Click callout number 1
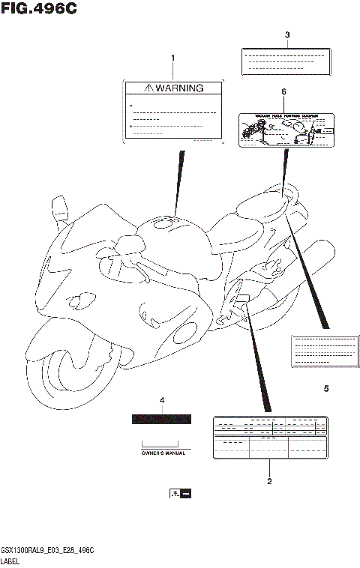pyautogui.click(x=172, y=58)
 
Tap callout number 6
pyautogui.click(x=283, y=91)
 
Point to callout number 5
pyautogui.click(x=326, y=389)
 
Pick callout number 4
pyautogui.click(x=161, y=401)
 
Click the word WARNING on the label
pyautogui.click(x=179, y=88)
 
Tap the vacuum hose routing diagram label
pyautogui.click(x=286, y=130)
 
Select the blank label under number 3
pyautogui.click(x=285, y=61)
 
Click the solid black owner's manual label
pyautogui.click(x=161, y=419)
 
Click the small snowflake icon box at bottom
pyautogui.click(x=180, y=494)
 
